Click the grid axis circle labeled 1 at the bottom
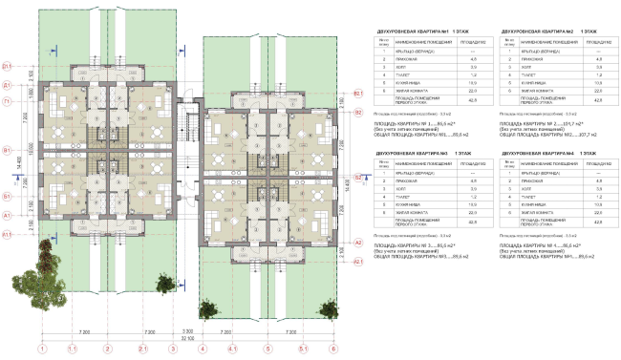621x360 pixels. coord(41,349)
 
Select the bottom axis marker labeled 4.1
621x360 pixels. coord(231,349)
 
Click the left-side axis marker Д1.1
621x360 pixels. coord(6,65)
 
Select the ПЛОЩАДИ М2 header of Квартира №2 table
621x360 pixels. coord(595,42)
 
